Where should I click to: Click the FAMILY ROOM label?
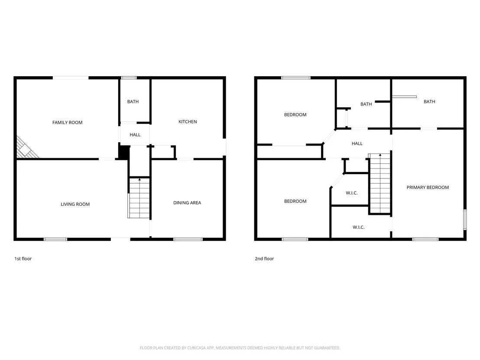pos(67,123)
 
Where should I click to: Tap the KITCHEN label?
pos(188,122)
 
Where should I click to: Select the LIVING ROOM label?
pos(75,204)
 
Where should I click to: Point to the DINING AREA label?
pos(187,203)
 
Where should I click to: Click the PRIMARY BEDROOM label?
pos(428,187)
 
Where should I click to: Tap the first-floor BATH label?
pos(133,102)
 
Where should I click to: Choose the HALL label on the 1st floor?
pos(135,135)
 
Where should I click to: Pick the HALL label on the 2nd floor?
pos(357,143)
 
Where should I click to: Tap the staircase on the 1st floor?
pos(139,198)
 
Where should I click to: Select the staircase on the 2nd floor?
pos(379,183)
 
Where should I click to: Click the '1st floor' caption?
pos(23,259)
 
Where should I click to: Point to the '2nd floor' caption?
pos(264,259)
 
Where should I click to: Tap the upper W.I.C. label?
pos(352,193)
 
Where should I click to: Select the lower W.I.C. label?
pos(358,227)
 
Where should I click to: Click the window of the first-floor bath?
pos(129,78)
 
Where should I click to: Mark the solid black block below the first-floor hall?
pos(123,152)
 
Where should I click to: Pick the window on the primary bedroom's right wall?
pos(465,219)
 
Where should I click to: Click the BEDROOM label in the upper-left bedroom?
pos(295,115)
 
